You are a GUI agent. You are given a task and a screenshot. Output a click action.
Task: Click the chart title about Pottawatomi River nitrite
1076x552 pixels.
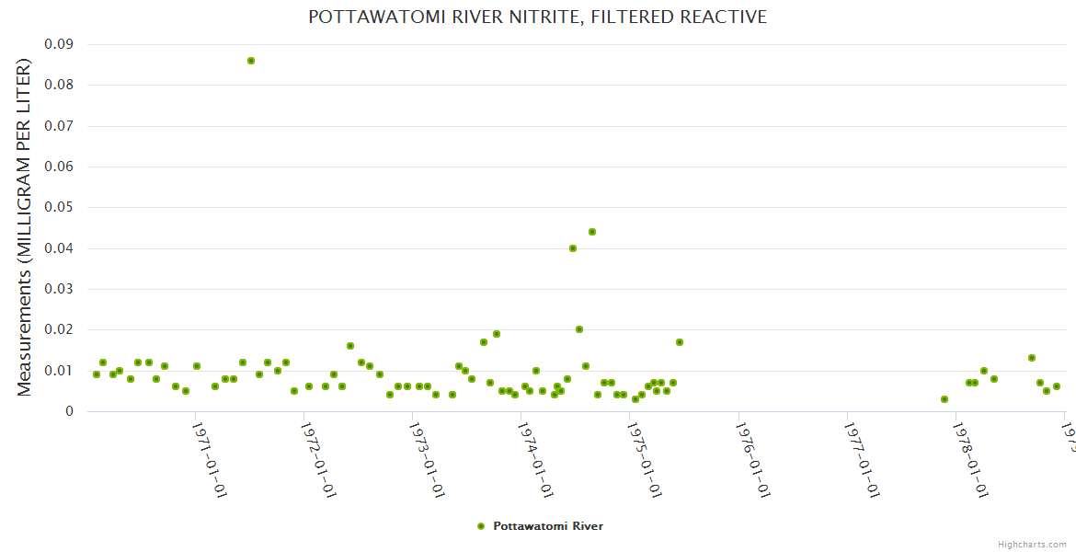tap(537, 17)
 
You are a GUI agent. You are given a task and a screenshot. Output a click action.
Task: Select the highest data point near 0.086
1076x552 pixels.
tap(251, 61)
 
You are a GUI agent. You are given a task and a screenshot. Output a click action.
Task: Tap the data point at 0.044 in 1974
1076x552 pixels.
tap(592, 232)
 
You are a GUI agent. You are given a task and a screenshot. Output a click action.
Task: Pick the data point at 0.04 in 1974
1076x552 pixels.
tap(573, 248)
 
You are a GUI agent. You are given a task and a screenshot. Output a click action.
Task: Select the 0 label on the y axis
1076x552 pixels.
tap(69, 411)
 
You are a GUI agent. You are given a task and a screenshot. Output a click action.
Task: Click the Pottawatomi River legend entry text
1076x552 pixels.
tap(548, 526)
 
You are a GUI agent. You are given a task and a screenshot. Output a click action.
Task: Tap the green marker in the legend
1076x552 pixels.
tap(480, 526)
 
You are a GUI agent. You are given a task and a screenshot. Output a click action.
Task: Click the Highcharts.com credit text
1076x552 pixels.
tap(1032, 544)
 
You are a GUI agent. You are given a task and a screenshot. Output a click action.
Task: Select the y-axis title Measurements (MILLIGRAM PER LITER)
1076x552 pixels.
tap(25, 227)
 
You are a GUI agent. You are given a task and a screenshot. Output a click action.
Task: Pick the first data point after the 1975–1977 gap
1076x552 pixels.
tap(944, 399)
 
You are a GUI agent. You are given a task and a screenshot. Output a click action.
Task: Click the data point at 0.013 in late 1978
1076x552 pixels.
tap(1032, 358)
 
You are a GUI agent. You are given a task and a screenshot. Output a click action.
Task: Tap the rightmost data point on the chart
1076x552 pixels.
tap(1057, 386)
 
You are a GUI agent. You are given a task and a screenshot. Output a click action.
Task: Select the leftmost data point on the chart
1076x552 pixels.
tap(97, 374)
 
